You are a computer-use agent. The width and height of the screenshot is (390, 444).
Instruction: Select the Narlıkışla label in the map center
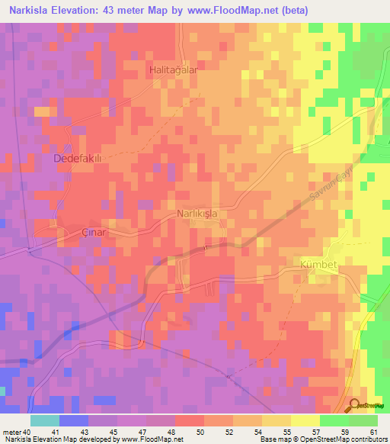197,214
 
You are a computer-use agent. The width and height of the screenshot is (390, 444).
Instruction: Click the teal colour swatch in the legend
44,420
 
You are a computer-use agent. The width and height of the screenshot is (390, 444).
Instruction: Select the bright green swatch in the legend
334,420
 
